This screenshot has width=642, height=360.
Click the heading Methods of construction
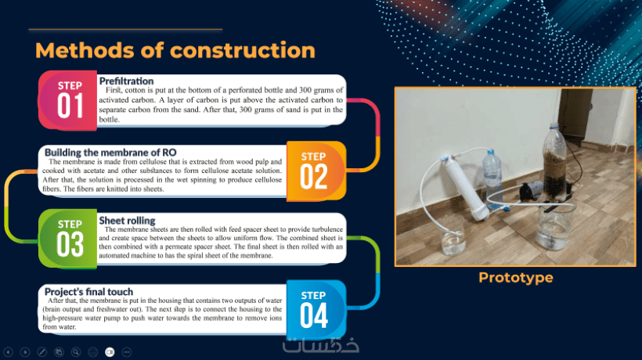(175, 50)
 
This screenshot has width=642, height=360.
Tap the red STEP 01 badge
(68, 101)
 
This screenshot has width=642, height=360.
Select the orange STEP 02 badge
(316, 171)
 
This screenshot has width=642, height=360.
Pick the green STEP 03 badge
(68, 239)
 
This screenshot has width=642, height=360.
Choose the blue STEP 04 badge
(316, 310)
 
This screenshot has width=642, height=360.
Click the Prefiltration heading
(126, 81)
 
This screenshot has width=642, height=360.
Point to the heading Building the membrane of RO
(110, 153)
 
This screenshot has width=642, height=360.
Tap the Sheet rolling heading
(127, 221)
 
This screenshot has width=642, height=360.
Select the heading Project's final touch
(88, 292)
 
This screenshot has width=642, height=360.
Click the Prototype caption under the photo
(516, 277)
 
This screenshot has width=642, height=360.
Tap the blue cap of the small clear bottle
(491, 153)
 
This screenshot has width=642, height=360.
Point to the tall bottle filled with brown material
(555, 163)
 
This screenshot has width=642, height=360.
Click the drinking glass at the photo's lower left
(453, 240)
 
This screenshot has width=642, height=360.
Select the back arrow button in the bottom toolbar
(8, 352)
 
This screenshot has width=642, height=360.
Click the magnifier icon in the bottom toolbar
(76, 352)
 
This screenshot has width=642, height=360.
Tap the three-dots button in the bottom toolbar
(127, 352)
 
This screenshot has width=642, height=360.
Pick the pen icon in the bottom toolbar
(41, 352)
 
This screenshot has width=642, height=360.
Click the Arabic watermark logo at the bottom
(321, 346)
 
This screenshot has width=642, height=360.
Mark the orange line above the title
(126, 30)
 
